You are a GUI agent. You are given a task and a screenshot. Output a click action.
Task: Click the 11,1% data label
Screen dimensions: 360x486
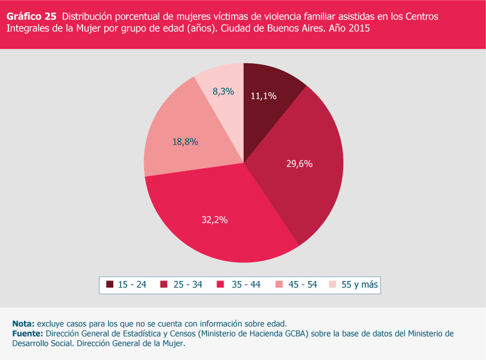click(x=263, y=95)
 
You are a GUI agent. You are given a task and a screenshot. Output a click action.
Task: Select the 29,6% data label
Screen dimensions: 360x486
click(x=299, y=163)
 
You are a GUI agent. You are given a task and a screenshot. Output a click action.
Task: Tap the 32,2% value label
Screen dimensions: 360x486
click(x=214, y=220)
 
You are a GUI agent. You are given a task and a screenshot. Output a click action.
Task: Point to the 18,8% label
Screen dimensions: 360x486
click(x=185, y=142)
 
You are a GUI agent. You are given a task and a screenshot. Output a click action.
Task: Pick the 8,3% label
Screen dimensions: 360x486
click(x=223, y=92)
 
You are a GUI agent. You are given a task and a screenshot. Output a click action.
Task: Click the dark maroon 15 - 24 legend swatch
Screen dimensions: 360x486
click(x=110, y=285)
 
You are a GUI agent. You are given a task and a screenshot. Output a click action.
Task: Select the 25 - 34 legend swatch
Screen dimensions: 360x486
click(x=165, y=285)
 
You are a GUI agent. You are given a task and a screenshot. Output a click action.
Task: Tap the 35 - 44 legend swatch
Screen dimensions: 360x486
click(x=220, y=285)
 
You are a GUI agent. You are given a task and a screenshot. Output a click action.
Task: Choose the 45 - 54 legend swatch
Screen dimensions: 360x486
click(x=278, y=285)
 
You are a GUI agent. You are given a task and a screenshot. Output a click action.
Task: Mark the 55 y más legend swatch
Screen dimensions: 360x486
click(x=332, y=285)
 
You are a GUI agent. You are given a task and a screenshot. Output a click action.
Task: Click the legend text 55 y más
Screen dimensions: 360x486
click(x=360, y=285)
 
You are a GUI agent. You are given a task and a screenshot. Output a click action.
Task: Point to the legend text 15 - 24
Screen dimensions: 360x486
click(x=132, y=285)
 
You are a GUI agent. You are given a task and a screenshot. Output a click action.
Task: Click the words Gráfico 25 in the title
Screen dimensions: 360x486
click(x=31, y=16)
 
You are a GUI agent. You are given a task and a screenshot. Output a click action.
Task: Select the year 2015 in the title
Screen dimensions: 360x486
click(x=359, y=28)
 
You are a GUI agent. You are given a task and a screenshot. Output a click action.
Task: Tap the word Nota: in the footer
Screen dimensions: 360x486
click(x=24, y=323)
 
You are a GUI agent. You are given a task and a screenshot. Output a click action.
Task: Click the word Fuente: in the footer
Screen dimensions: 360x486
click(x=28, y=333)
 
